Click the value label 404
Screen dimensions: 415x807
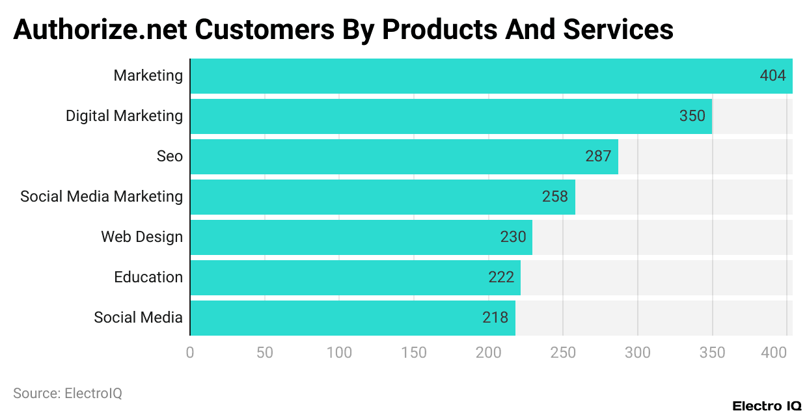tap(773, 76)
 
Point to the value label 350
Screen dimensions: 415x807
tap(692, 116)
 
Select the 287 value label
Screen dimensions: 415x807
tap(598, 157)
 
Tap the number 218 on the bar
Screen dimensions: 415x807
tap(495, 318)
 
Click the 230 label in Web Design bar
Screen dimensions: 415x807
tap(513, 237)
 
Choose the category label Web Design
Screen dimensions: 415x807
tap(142, 237)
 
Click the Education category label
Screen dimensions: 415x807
tap(148, 278)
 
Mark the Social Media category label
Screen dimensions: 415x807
tap(138, 318)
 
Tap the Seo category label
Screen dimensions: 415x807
tap(170, 157)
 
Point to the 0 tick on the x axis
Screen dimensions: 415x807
tap(190, 353)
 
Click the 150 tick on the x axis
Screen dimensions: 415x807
tap(414, 353)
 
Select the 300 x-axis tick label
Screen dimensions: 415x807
tap(637, 353)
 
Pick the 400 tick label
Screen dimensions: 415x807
tap(774, 353)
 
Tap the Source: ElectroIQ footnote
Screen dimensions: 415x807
tap(68, 394)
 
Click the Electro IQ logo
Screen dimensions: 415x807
tap(767, 406)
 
